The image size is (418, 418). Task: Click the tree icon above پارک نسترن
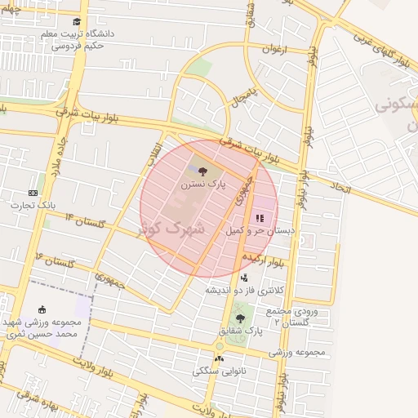coord(202,171)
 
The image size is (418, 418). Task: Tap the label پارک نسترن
coord(203,185)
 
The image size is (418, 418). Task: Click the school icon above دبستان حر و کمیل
coord(260,218)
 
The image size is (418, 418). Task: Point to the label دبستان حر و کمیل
coord(259,231)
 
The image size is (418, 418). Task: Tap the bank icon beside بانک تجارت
coord(33,193)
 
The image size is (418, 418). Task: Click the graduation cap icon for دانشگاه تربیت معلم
coord(77,22)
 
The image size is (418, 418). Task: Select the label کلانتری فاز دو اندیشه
coord(243,290)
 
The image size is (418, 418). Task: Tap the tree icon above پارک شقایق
coord(239,318)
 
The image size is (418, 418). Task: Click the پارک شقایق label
coord(241,331)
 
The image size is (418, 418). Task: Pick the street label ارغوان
coord(277,50)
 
